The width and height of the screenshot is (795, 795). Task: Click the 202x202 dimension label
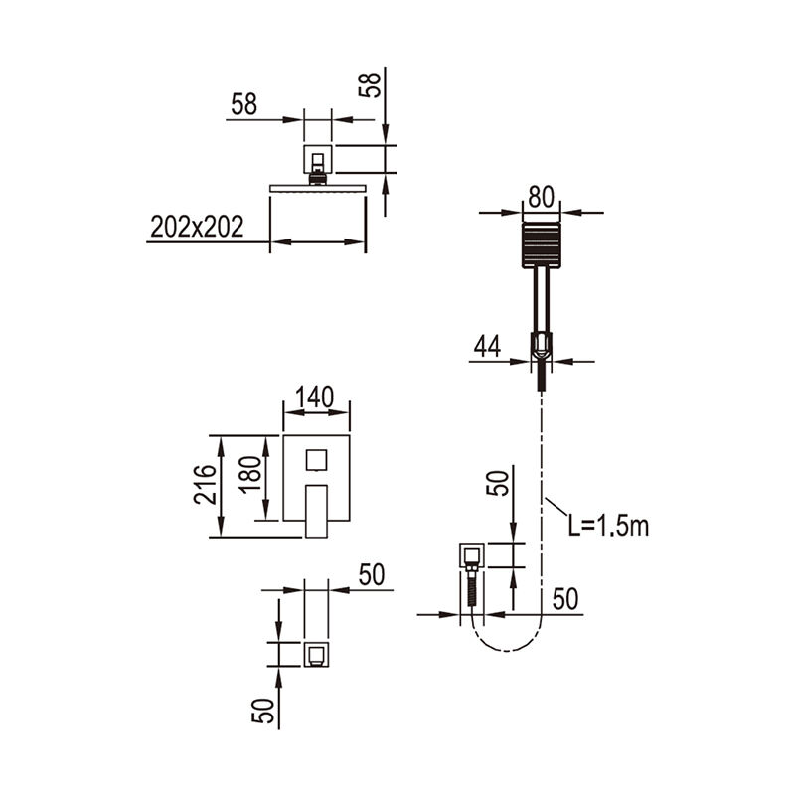197,227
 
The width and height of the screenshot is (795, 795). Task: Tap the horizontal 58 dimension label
243,104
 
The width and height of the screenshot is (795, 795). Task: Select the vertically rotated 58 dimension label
370,85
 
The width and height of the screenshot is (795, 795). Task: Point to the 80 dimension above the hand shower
541,197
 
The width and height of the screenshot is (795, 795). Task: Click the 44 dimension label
487,347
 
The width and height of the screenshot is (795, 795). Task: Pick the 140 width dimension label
314,397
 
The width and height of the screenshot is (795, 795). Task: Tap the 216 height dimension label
205,484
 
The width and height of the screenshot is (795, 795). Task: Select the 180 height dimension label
250,474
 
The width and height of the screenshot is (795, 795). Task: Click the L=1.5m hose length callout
608,526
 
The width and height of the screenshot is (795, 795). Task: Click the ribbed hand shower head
541,245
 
